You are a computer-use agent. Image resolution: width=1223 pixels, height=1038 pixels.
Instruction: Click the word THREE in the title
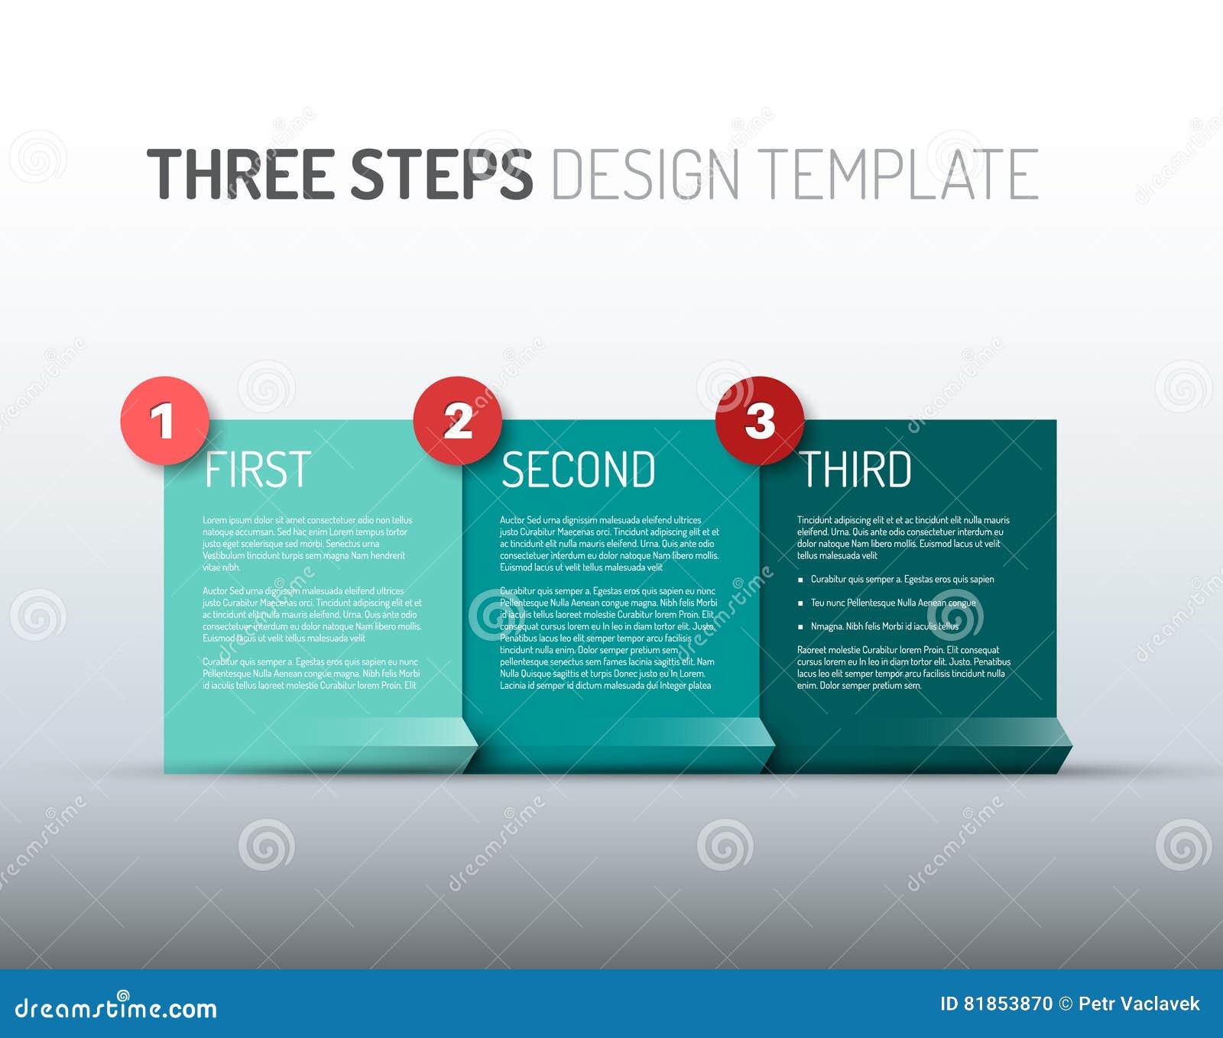tap(241, 174)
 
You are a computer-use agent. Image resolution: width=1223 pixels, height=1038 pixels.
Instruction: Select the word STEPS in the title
tap(441, 174)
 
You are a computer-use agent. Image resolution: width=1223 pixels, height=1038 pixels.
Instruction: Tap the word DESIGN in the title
tap(645, 174)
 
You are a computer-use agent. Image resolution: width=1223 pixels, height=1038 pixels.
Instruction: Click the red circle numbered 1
tap(164, 420)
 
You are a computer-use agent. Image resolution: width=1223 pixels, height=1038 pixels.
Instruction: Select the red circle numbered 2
tap(457, 420)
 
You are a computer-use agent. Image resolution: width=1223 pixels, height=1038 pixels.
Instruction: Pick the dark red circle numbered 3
tap(759, 420)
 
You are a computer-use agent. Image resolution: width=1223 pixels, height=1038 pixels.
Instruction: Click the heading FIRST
tap(258, 469)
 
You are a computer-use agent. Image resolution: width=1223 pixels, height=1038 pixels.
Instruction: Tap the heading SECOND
tap(578, 469)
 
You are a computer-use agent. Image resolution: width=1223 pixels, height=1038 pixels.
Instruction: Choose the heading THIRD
tap(855, 469)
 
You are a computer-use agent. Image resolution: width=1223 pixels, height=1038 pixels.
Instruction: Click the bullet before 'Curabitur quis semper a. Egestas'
tap(800, 580)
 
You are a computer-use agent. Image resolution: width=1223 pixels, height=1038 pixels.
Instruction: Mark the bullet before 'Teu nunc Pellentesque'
tap(800, 603)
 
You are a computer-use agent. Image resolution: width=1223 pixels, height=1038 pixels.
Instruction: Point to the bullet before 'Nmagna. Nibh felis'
tap(800, 627)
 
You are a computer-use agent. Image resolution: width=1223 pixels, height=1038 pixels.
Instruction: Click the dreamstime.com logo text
tap(116, 1007)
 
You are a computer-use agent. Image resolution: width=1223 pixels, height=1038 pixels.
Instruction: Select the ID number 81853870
tap(1007, 1004)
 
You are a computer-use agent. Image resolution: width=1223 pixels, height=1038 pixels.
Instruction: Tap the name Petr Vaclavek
tap(1139, 1004)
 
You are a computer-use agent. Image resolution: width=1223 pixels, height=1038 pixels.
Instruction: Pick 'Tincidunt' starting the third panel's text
tap(815, 520)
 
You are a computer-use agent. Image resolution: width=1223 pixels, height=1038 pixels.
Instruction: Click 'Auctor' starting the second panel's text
tap(512, 520)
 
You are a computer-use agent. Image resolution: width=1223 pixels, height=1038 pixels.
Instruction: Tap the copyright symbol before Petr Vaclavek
tap(1066, 1004)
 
